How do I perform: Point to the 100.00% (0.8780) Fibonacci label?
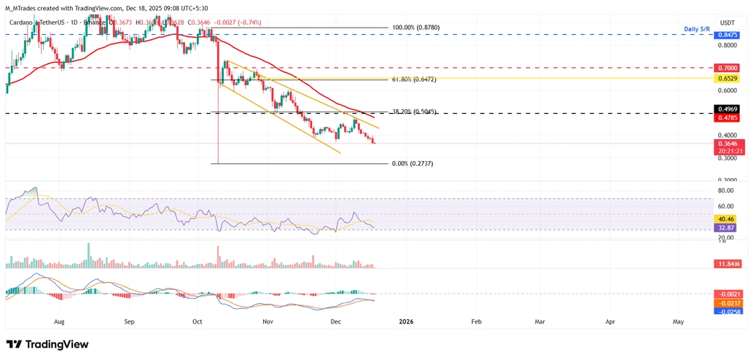coord(416,28)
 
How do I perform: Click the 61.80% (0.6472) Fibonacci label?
coord(413,79)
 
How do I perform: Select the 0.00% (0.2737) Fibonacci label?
coord(413,164)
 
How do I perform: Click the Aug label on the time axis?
coord(60,321)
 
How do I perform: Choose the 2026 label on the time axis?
coord(406,321)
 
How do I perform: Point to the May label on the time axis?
coord(678,321)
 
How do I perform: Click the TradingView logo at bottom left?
coord(47,344)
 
